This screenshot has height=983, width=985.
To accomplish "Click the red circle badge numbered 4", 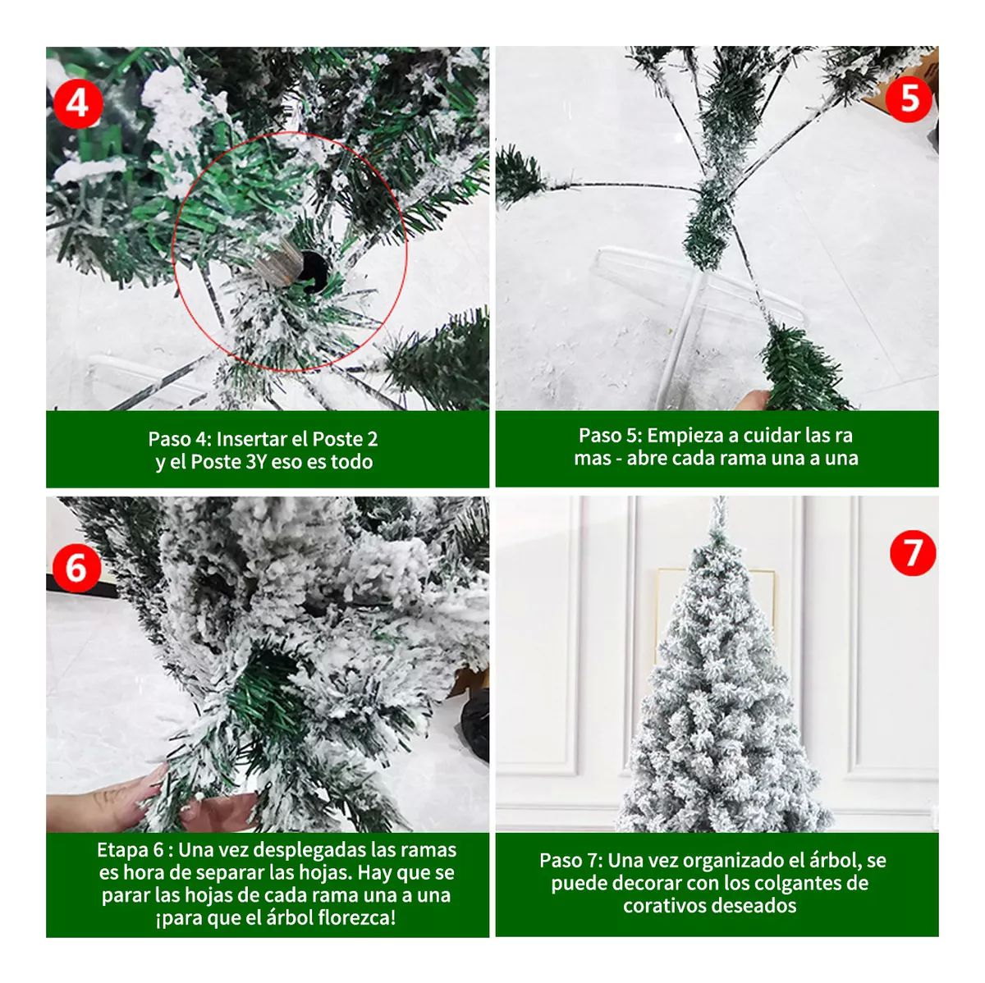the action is (x=77, y=103).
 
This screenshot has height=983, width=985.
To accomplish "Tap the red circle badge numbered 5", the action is (x=909, y=98).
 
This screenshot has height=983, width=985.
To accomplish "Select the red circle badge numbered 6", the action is (x=76, y=567).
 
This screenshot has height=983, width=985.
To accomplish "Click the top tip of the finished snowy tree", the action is (x=719, y=502).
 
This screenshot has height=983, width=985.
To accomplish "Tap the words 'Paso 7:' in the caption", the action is (x=570, y=861).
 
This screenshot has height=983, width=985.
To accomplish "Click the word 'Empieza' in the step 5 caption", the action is (x=685, y=435).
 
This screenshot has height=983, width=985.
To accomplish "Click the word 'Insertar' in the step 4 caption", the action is (x=250, y=439).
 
